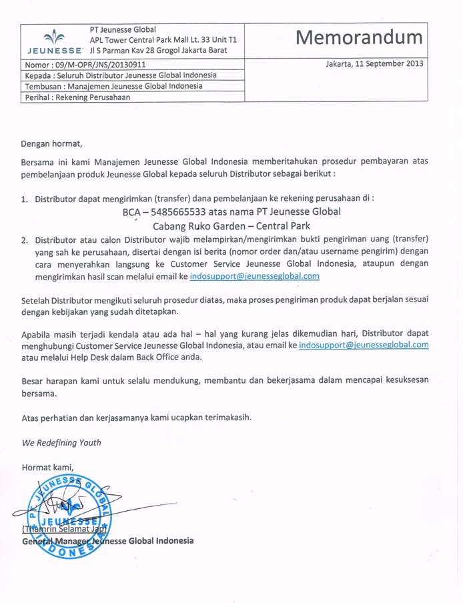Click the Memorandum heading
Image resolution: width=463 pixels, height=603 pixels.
360,38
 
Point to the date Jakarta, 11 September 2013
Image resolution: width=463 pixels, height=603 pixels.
374,64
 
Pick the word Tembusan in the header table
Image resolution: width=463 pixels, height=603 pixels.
43,86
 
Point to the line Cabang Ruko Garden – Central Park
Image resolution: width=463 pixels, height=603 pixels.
232,226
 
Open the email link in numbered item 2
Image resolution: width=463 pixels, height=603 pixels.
254,275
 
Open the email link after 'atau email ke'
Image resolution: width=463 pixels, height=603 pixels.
364,345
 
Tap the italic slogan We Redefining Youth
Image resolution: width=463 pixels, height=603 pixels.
61,442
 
